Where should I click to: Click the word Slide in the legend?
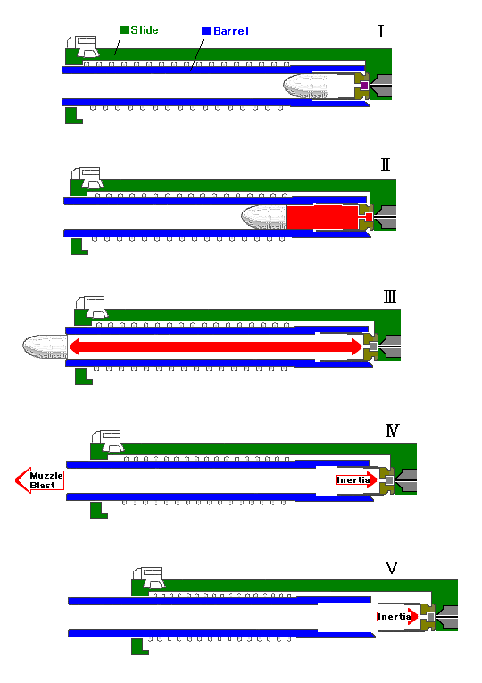[x=145, y=30]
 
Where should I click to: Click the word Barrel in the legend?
[x=231, y=31]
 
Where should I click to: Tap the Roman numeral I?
[x=381, y=31]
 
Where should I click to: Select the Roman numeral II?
[x=386, y=164]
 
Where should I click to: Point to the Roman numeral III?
[x=390, y=296]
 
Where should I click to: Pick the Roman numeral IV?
[x=393, y=430]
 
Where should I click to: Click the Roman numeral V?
[x=392, y=568]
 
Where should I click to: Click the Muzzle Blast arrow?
[x=39, y=480]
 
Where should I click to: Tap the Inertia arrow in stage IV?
[x=356, y=480]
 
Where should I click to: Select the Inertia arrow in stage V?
[x=397, y=616]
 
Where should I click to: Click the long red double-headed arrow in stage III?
[x=215, y=346]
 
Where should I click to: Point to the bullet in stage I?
[x=305, y=87]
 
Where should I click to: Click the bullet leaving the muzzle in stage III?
[x=45, y=346]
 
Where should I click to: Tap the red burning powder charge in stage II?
[x=322, y=217]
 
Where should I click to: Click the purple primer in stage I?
[x=364, y=86]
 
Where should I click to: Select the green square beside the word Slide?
[x=124, y=29]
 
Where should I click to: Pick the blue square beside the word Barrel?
[x=206, y=31]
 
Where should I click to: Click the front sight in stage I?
[x=84, y=47]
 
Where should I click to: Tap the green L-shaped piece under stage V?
[x=140, y=647]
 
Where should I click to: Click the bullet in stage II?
[x=264, y=217]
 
